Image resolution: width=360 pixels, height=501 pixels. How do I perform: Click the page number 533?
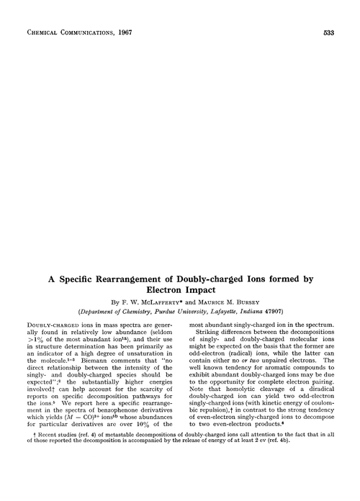328,32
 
